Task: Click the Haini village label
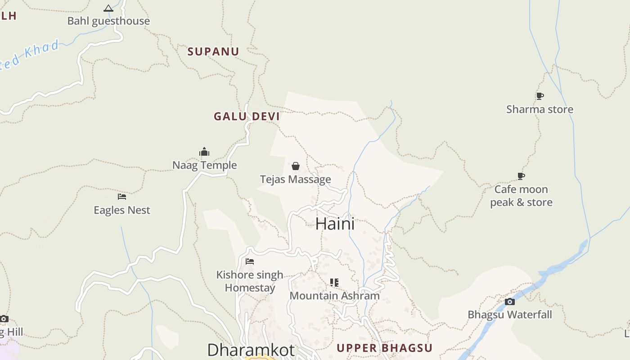(335, 224)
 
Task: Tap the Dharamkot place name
(251, 350)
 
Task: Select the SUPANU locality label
(213, 51)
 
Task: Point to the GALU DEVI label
(247, 116)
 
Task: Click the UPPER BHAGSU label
(384, 348)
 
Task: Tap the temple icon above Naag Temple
(204, 152)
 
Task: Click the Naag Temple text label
(204, 165)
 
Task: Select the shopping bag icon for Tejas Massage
(296, 166)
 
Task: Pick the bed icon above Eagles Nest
(122, 197)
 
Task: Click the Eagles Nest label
(122, 210)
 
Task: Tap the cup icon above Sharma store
(540, 96)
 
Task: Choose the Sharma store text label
(540, 109)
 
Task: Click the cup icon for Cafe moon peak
(521, 176)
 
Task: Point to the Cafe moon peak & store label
(521, 196)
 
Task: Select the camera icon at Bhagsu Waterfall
(510, 301)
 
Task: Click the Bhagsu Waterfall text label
(510, 315)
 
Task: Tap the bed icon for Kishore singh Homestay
(250, 261)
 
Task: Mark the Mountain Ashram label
(334, 296)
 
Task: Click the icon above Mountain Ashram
(334, 283)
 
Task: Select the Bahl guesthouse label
(108, 21)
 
